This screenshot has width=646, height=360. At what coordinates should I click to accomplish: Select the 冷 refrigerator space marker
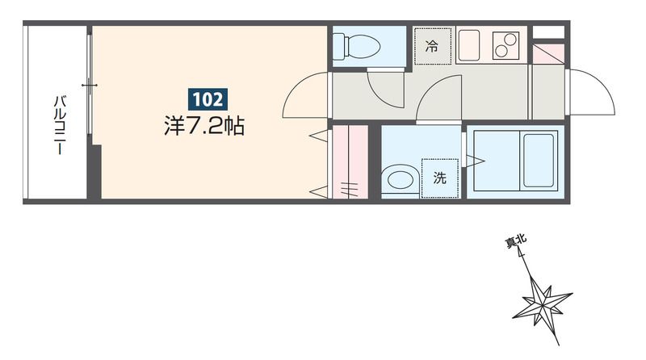pyautogui.click(x=432, y=47)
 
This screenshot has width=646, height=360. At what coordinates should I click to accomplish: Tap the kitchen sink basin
pyautogui.click(x=469, y=45)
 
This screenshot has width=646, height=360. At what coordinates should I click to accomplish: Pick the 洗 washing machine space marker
pyautogui.click(x=440, y=177)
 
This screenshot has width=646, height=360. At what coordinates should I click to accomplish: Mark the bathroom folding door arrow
pyautogui.click(x=476, y=161)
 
